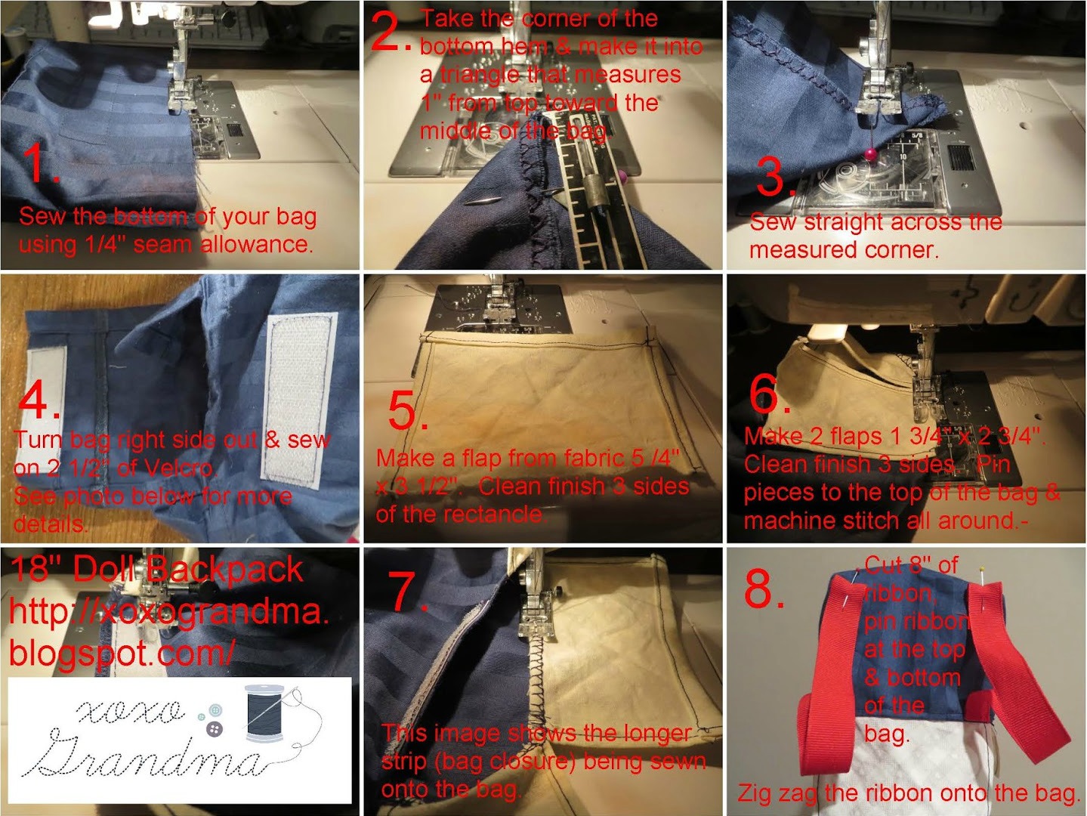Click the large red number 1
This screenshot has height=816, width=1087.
coord(39,162)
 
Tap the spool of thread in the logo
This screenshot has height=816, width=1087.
coord(265,713)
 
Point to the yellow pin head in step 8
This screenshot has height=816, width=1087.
coord(981,570)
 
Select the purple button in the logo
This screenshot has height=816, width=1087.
coord(215,728)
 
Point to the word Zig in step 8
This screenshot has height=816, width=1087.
coord(757,793)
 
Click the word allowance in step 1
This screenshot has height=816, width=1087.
coord(256,245)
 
